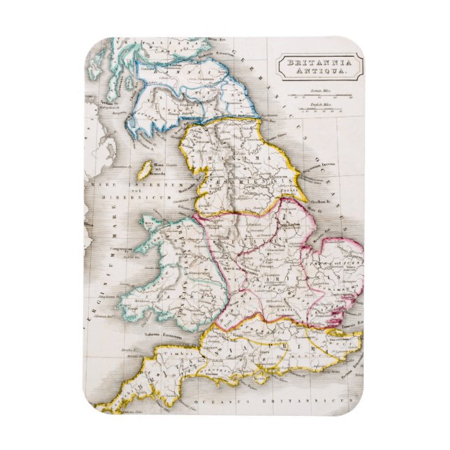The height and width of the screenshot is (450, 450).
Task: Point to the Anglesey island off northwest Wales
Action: click(148, 223)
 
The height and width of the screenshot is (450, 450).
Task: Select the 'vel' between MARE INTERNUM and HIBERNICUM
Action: click(110, 191)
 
